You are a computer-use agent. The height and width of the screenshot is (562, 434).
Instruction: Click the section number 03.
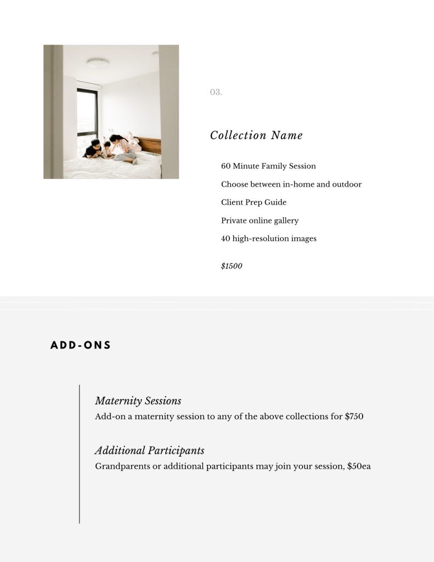(x=216, y=92)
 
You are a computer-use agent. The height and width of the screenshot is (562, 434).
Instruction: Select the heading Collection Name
(x=256, y=135)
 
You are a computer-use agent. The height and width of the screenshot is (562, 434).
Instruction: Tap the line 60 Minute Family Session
(x=268, y=166)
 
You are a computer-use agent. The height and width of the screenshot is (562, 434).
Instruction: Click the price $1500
(x=232, y=266)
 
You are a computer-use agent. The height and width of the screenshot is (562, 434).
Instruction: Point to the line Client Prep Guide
(x=253, y=202)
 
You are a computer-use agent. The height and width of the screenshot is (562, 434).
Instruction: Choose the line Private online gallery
(x=260, y=220)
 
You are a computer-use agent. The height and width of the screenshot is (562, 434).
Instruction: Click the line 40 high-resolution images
(x=268, y=238)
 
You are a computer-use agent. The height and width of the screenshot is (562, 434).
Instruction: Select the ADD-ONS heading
(x=81, y=345)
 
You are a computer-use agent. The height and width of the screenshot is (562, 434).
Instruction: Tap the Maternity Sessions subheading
(x=138, y=401)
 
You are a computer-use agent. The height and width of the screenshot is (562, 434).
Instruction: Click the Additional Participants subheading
(x=149, y=451)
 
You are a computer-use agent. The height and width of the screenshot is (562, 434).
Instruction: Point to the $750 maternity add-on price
(x=354, y=416)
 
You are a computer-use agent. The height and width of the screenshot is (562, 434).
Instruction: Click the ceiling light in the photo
(x=98, y=64)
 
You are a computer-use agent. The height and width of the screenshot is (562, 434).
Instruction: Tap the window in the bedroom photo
(x=87, y=118)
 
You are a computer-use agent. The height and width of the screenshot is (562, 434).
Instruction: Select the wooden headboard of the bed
(x=149, y=144)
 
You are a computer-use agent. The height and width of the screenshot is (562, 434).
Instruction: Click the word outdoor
(x=347, y=184)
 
